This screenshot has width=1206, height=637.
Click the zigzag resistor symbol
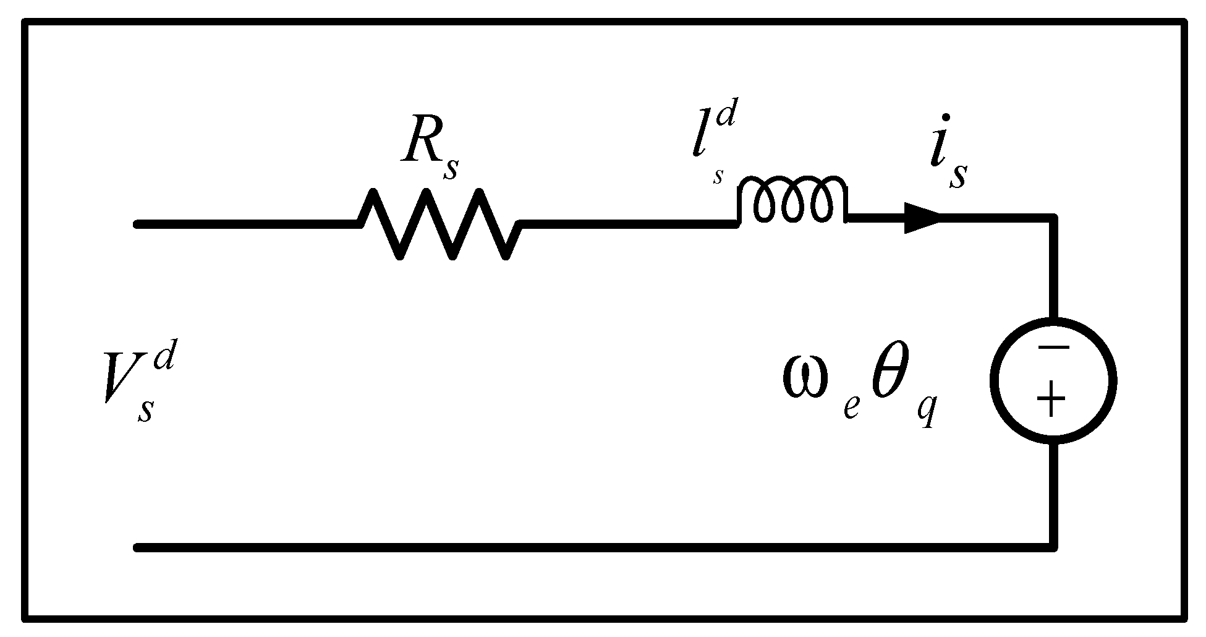(440, 224)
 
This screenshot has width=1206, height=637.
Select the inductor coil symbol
(792, 201)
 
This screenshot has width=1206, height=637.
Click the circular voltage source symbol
(1053, 380)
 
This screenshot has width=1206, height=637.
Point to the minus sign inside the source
(1053, 348)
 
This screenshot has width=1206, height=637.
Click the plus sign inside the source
(1052, 400)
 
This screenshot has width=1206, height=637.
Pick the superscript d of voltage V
(164, 359)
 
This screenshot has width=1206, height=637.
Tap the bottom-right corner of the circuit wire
(1053, 547)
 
